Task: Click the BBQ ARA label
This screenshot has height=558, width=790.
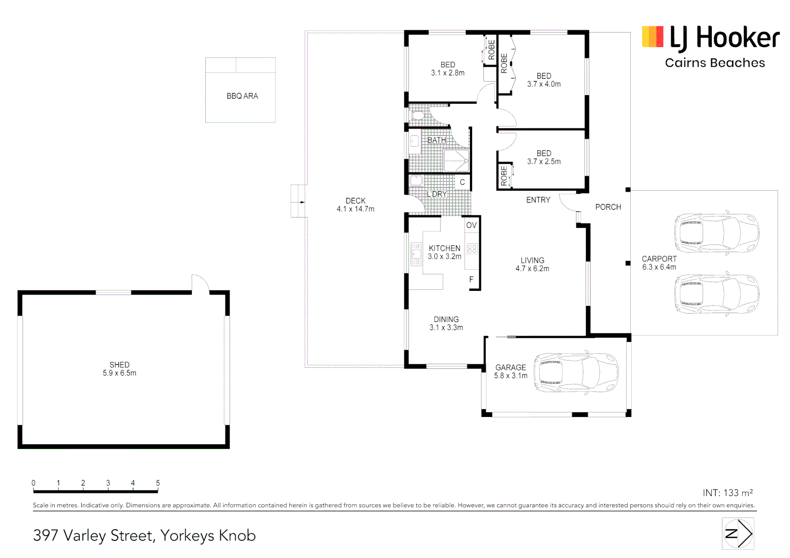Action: coord(242,96)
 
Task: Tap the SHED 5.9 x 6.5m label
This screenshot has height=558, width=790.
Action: coord(119,369)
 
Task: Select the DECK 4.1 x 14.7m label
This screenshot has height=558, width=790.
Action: coord(356,205)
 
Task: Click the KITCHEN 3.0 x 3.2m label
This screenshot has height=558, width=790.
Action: coord(445,252)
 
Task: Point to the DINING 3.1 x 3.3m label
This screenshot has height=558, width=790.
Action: coord(446,323)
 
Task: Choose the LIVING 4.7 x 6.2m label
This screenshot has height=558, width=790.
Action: coord(533,265)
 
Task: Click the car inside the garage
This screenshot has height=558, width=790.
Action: coord(576,373)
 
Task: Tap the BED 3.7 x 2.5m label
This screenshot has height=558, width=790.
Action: coord(544,158)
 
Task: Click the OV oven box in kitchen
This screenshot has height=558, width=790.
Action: coord(472,225)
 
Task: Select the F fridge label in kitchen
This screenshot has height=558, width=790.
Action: coord(472,280)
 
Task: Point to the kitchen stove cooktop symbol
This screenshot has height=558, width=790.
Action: coord(472,250)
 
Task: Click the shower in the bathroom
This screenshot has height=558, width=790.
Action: coord(456,161)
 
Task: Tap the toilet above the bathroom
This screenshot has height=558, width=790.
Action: coord(418,115)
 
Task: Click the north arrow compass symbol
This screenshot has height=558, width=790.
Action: coord(738,534)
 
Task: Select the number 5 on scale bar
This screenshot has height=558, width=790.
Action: coord(158,483)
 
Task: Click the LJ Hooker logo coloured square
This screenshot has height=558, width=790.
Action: coord(652,37)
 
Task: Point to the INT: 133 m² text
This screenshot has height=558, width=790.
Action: coord(727,493)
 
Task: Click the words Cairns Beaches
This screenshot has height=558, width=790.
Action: coord(715,63)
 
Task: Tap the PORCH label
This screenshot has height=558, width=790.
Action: coord(608,207)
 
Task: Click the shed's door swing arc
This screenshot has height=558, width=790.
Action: coord(201,283)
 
